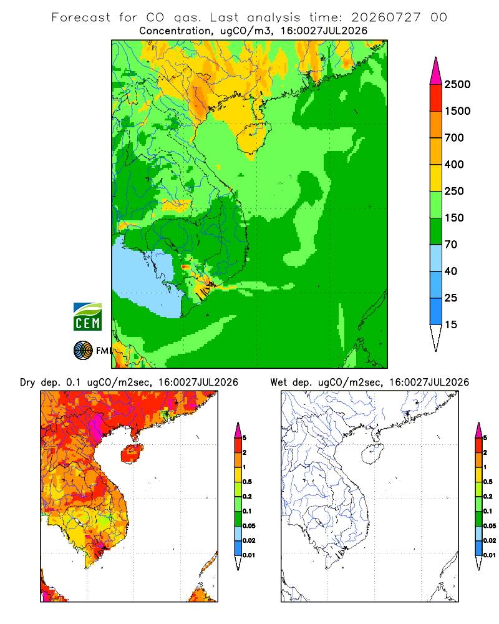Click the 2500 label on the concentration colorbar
tap(457, 84)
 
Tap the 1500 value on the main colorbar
tap(457, 111)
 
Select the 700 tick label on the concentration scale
tap(454, 138)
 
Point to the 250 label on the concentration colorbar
tap(454, 191)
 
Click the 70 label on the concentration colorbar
tap(451, 245)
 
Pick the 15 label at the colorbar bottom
tap(451, 324)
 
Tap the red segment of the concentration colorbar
tap(436, 98)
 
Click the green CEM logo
tap(87, 317)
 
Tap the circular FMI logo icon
tap(83, 351)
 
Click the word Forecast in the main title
tap(81, 17)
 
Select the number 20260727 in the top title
tap(386, 17)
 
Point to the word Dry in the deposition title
tap(27, 383)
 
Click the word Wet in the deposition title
tap(278, 383)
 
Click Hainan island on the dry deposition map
tap(132, 453)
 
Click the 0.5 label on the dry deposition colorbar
tap(247, 482)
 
